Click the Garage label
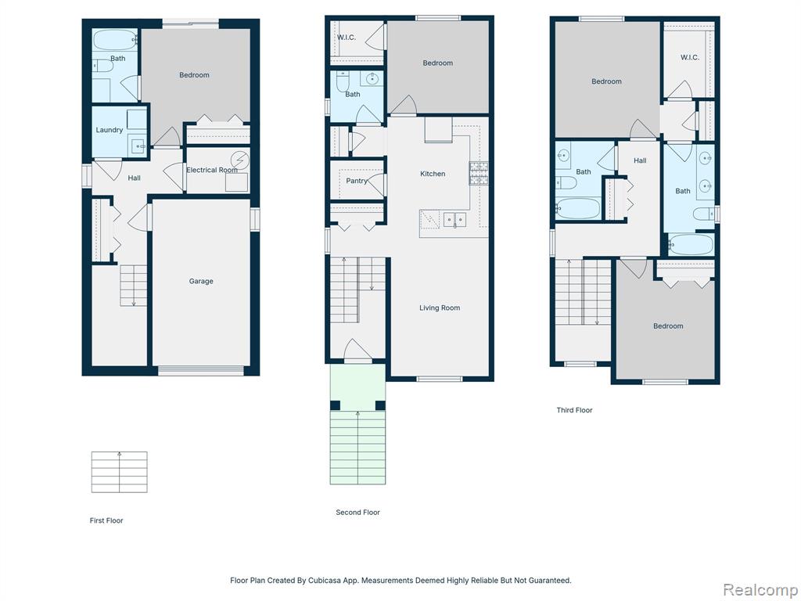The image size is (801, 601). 201,281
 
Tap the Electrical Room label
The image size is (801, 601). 212,170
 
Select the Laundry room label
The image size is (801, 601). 110,130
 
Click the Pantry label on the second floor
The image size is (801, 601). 357,181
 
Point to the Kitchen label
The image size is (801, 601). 433,174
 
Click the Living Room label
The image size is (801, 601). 440,308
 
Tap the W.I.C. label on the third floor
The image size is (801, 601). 690,57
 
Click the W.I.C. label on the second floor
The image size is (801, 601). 347,38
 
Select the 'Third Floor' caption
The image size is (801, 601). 575,410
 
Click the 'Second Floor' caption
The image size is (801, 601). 358,512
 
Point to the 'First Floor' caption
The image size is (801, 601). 106,520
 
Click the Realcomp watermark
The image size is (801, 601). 760,589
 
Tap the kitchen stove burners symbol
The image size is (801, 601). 479,173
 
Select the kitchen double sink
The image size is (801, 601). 454,220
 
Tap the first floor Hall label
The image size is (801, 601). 135,178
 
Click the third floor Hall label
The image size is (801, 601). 640,160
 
